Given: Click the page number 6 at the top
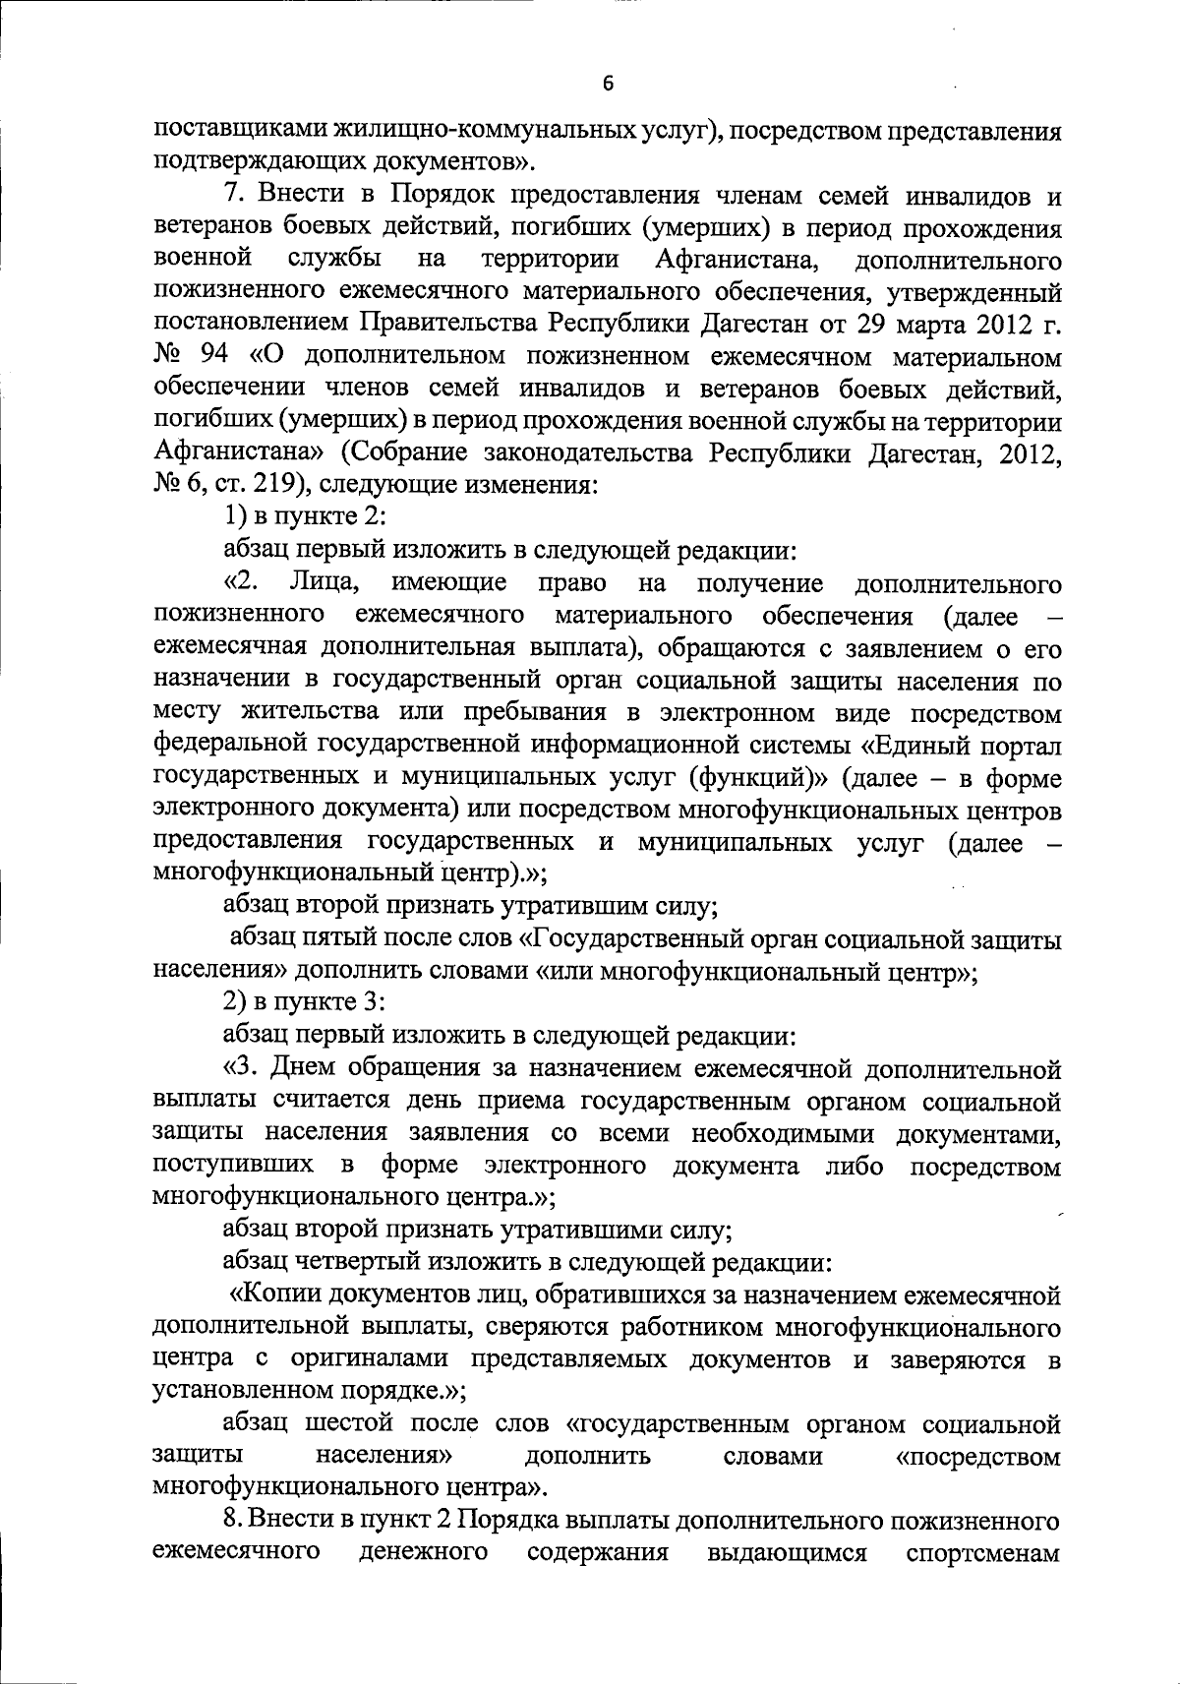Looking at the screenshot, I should [x=607, y=85].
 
